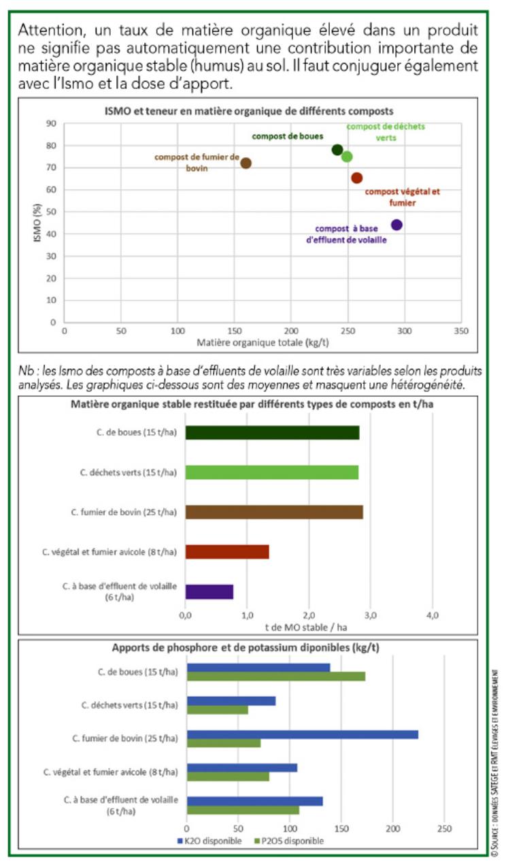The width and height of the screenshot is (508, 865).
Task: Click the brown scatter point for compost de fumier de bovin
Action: click(246, 163)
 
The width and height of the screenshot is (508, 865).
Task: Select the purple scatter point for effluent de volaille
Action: click(396, 225)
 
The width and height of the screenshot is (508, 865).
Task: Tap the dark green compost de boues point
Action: click(337, 150)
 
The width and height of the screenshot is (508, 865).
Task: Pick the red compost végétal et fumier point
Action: click(357, 178)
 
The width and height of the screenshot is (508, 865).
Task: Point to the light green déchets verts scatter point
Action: click(347, 157)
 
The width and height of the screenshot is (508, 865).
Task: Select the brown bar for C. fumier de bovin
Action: click(273, 512)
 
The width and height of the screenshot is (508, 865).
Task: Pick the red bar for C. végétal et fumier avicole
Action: click(226, 552)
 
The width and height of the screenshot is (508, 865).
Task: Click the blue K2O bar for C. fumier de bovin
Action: click(303, 734)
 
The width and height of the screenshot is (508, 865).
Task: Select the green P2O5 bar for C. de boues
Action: click(276, 676)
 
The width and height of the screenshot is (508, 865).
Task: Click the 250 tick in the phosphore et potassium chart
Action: click(444, 829)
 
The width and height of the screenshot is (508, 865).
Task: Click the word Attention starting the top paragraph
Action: click(47, 31)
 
